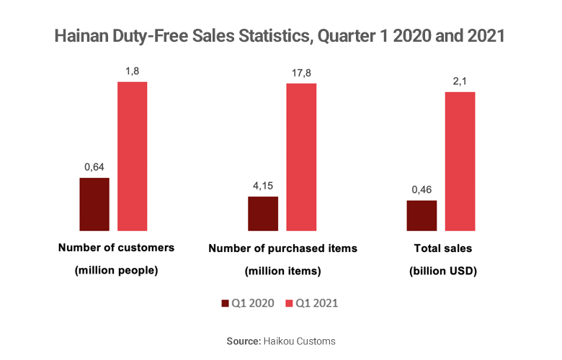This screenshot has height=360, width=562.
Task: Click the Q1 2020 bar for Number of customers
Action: click(x=94, y=204)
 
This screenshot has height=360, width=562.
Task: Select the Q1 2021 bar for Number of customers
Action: click(x=133, y=156)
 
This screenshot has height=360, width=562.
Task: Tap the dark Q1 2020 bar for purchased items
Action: click(x=263, y=214)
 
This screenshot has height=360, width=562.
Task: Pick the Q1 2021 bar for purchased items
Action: click(x=301, y=157)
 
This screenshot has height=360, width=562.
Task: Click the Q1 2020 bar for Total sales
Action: click(x=421, y=216)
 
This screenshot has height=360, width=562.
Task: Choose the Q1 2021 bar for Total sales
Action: click(x=460, y=161)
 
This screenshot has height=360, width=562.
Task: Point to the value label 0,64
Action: click(x=94, y=167)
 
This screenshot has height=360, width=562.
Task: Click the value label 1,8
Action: click(x=133, y=71)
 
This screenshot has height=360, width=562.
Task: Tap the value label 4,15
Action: click(x=263, y=186)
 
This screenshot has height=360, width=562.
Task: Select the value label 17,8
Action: click(x=301, y=71)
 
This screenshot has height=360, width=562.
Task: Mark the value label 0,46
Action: click(x=421, y=189)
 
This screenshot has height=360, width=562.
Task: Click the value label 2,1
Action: click(x=460, y=81)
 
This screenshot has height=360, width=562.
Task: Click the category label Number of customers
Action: click(x=116, y=248)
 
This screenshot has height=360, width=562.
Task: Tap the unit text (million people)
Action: click(x=116, y=271)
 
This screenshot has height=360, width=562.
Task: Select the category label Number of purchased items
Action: click(x=282, y=248)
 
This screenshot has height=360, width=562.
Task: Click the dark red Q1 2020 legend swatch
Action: click(x=225, y=304)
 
